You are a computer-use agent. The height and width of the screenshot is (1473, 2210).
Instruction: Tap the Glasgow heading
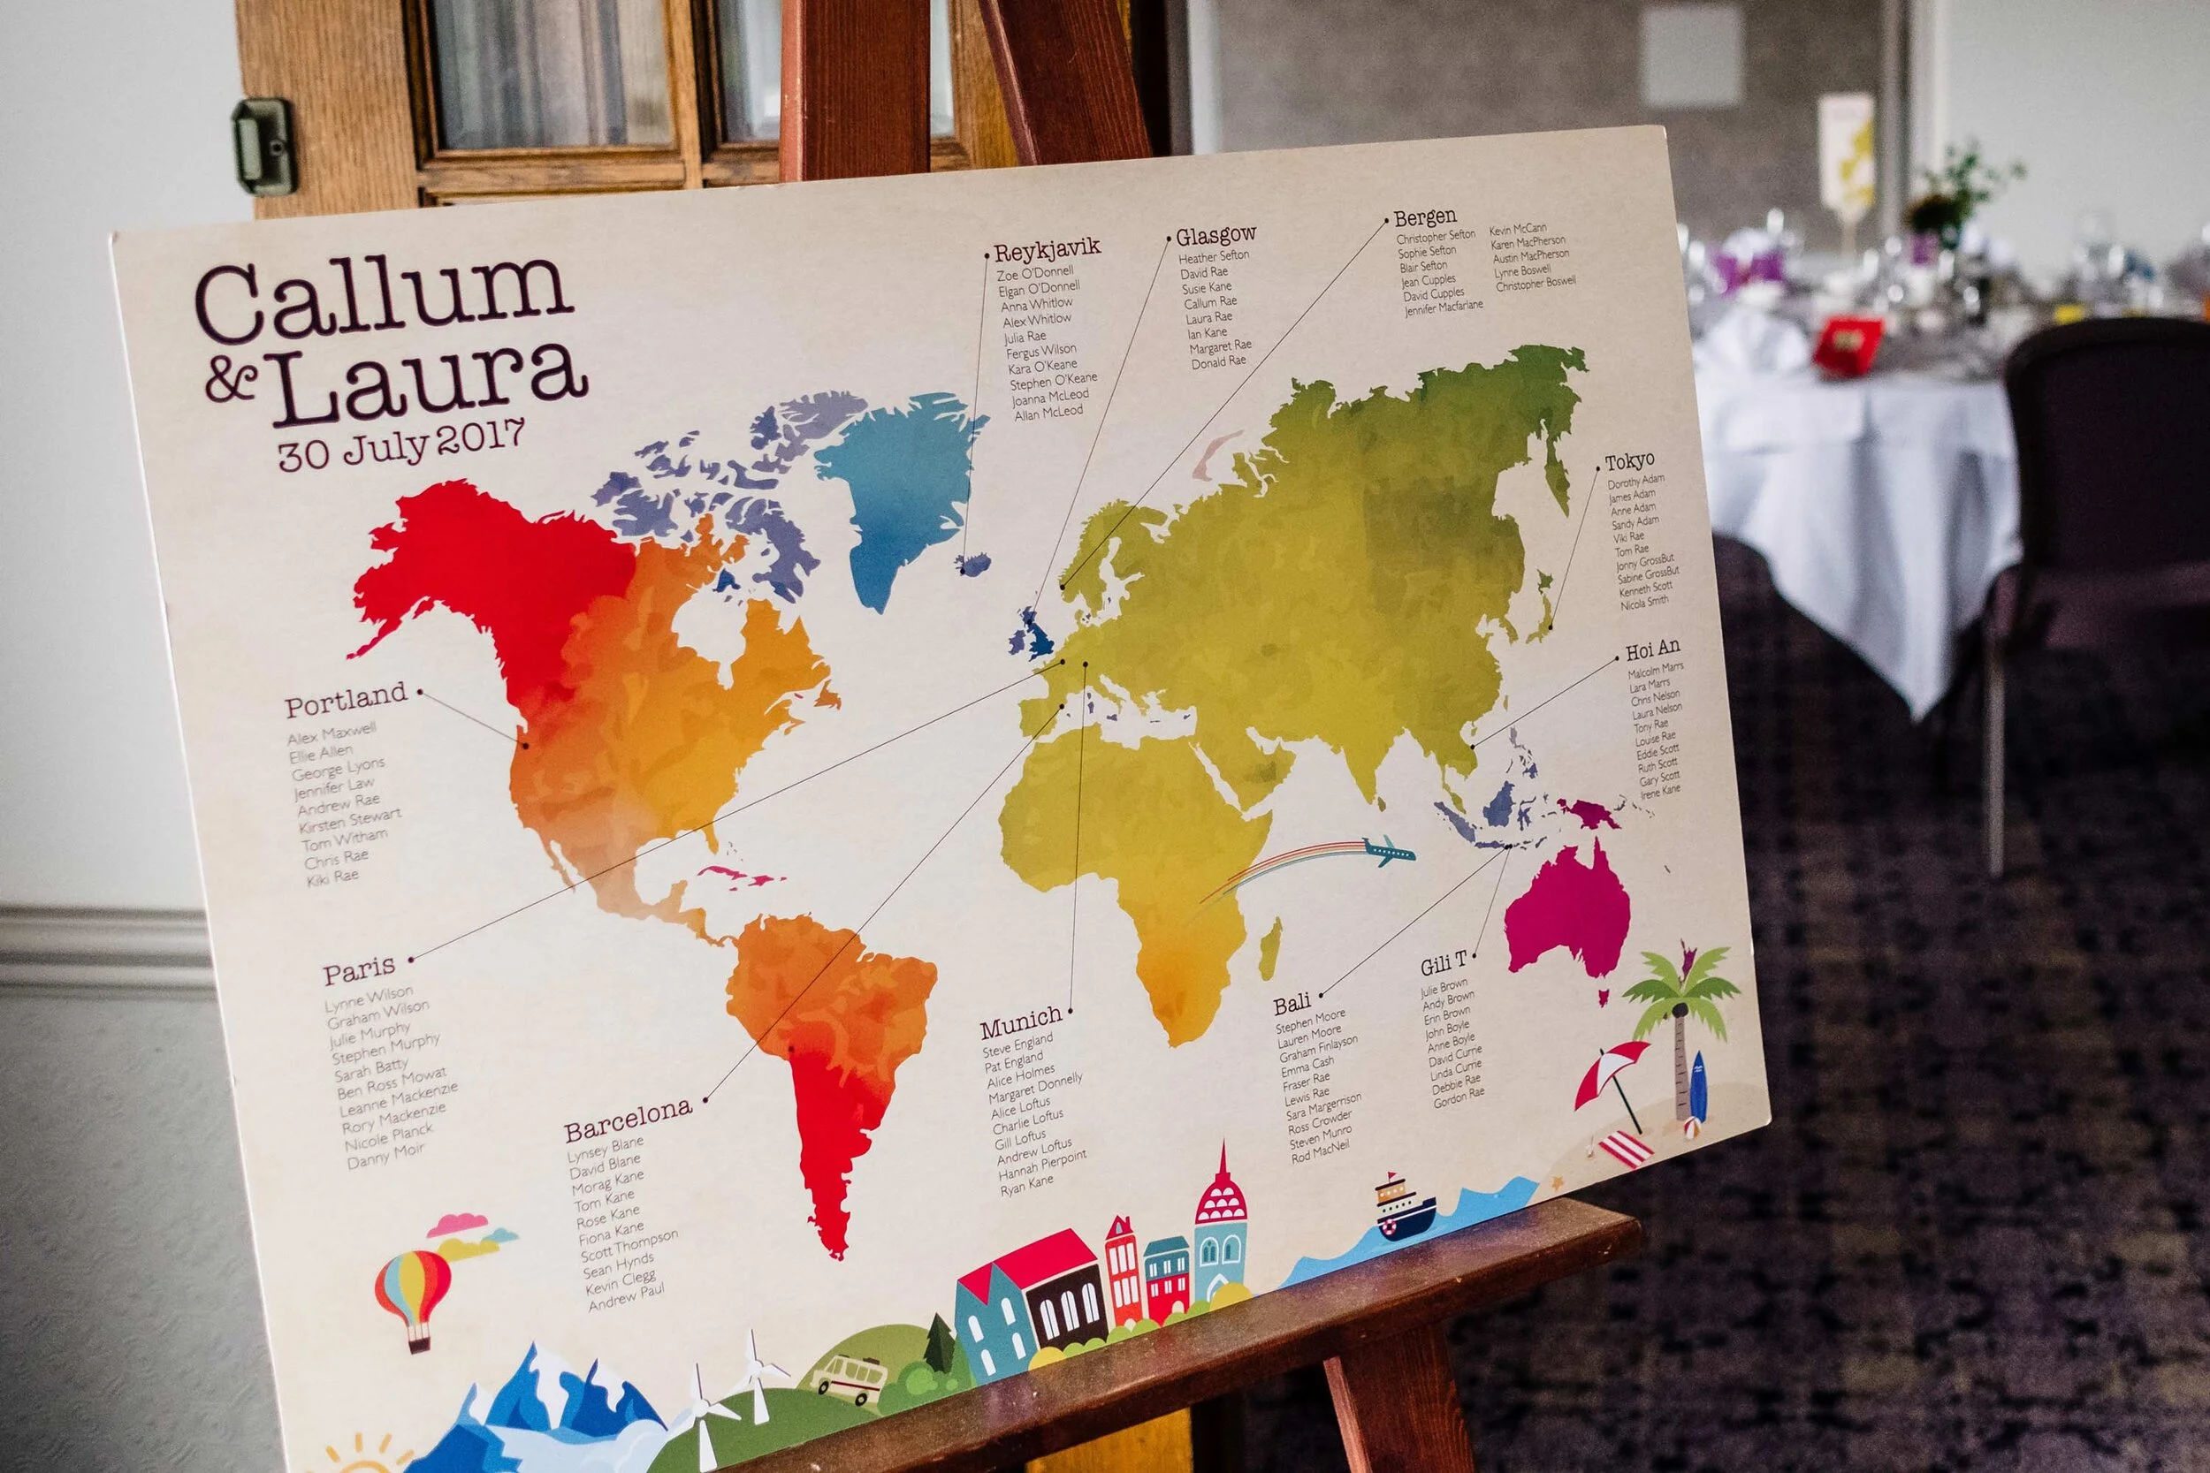[x=1215, y=235]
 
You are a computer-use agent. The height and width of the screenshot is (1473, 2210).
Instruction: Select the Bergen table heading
[x=1424, y=218]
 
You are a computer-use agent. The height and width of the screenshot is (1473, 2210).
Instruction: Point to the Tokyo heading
[x=1629, y=461]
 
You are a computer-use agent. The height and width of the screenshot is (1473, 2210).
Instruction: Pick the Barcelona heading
[x=628, y=1118]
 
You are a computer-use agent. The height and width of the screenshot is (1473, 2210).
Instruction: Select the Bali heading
[x=1292, y=1004]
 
